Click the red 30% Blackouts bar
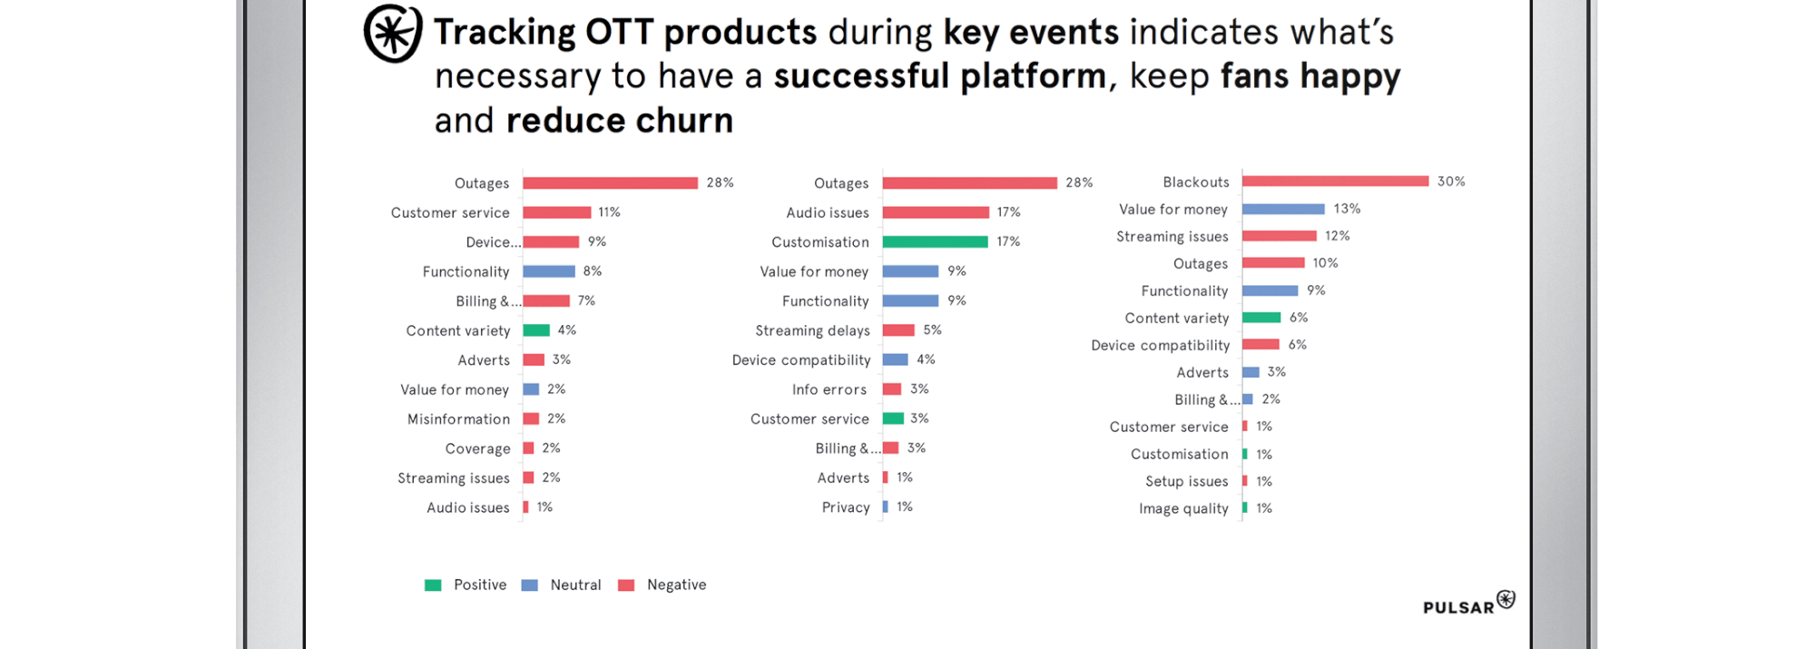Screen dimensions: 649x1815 point(1335,182)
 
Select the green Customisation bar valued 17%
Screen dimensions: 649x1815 point(935,241)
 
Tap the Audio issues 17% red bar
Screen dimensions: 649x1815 point(936,212)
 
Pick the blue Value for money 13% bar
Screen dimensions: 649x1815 point(1283,209)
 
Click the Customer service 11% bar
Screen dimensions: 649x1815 point(557,212)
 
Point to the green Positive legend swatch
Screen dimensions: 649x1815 point(433,585)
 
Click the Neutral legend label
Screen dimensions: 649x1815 point(575,585)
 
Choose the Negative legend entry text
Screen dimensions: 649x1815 point(676,585)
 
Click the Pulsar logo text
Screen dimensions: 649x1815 point(1458,607)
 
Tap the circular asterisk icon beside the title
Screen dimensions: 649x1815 point(393,34)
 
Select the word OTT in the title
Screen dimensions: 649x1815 point(619,33)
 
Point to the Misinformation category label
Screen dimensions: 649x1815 point(458,419)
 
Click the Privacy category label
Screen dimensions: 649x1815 point(846,507)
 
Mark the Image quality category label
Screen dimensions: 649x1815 point(1183,509)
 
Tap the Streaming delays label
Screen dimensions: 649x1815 point(812,330)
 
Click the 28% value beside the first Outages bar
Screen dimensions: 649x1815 point(720,182)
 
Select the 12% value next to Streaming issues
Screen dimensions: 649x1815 point(1337,236)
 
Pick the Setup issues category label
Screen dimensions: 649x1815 point(1186,482)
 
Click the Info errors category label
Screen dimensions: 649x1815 point(829,389)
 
